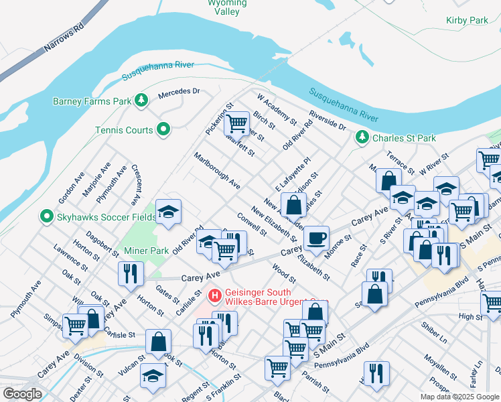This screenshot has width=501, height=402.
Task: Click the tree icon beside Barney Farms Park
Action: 141,101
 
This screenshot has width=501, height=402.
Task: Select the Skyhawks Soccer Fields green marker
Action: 46,216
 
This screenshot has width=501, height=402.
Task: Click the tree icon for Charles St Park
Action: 362,137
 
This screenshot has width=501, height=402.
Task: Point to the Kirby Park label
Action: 467,21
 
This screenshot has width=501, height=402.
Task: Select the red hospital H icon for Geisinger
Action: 214,293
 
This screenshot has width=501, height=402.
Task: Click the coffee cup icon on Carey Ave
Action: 316,237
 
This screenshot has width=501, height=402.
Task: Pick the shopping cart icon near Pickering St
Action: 236,123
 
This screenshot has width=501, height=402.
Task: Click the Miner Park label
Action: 146,251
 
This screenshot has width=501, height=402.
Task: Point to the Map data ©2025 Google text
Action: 459,397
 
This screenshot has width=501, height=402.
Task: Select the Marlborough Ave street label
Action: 217,170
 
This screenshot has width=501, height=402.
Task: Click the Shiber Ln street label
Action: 433,335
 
